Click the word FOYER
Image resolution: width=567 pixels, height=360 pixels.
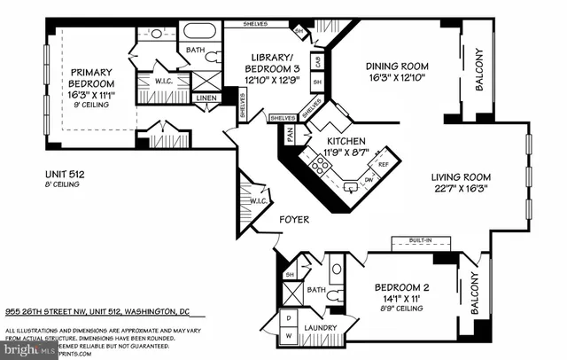(x=294, y=218)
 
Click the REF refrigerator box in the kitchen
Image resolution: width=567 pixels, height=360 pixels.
(x=383, y=165)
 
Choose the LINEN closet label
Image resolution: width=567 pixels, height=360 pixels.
(x=206, y=98)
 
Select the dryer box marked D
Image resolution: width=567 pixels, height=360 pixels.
(x=289, y=316)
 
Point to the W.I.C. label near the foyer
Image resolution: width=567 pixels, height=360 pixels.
(x=260, y=200)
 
